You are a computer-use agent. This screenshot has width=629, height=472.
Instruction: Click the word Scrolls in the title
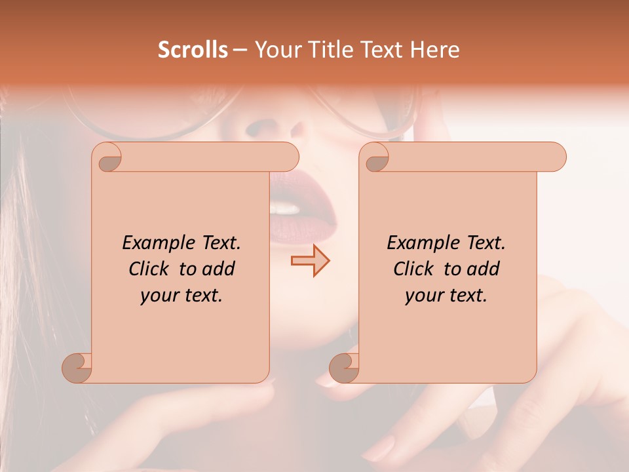click(193, 49)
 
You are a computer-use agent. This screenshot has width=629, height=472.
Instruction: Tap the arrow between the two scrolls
click(310, 261)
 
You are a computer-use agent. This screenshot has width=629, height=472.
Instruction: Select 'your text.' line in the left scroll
click(181, 295)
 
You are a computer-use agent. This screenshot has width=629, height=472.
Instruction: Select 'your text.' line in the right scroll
click(446, 295)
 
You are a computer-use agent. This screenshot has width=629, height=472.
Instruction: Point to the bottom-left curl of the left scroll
click(77, 367)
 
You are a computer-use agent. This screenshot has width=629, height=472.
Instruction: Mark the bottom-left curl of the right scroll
click(345, 367)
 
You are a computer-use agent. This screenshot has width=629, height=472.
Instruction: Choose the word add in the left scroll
click(219, 269)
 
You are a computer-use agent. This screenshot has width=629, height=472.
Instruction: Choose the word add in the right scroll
click(484, 269)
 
